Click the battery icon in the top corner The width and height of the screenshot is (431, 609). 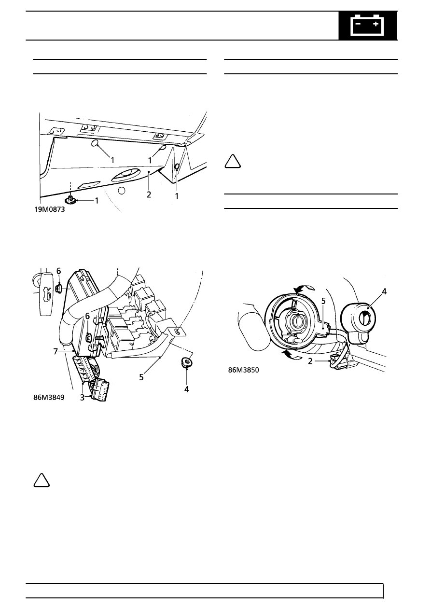click(367, 26)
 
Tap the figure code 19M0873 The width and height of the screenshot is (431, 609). click(50, 209)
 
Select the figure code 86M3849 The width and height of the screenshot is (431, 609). click(49, 398)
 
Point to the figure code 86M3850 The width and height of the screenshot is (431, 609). click(244, 370)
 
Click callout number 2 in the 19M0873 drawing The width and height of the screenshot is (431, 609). click(149, 194)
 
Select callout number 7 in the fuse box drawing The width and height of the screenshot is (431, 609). click(56, 351)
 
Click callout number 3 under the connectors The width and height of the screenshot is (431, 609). click(82, 398)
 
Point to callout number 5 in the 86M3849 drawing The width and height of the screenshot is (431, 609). click(141, 377)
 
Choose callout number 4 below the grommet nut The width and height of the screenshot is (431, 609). click(186, 389)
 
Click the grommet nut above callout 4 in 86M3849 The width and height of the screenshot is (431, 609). click(186, 362)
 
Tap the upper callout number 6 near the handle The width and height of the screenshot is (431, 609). click(59, 271)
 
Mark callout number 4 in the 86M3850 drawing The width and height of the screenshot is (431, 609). click(384, 292)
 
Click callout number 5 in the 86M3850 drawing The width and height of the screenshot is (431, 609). click(323, 301)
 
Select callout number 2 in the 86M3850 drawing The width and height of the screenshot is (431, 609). click(310, 361)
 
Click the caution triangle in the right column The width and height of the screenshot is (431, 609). click(233, 162)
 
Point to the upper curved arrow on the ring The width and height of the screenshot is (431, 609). click(305, 289)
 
